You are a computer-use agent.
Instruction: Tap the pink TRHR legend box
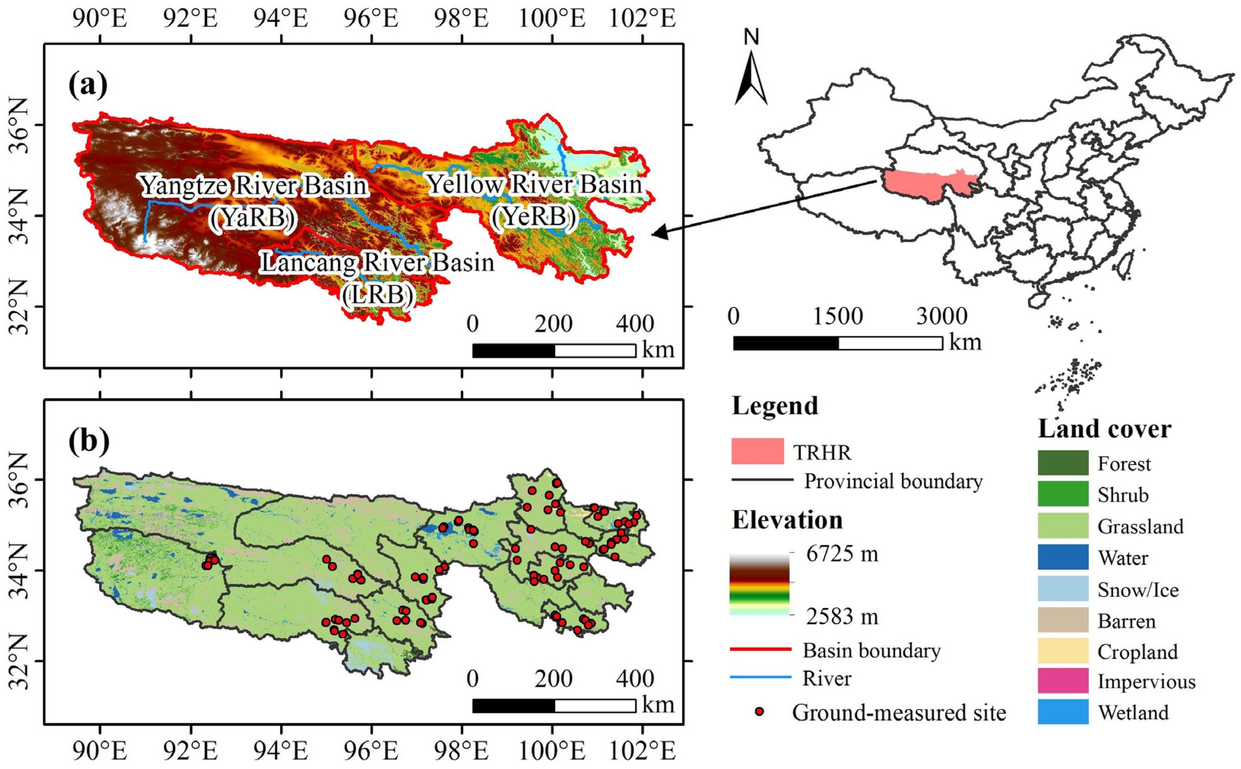[x=758, y=451]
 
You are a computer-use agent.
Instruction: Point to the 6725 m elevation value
[x=842, y=554]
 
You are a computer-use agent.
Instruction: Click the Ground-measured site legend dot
[x=760, y=712]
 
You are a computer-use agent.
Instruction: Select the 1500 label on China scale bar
[x=838, y=316]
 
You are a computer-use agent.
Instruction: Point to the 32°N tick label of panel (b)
[x=19, y=661]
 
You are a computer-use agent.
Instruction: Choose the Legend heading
[x=775, y=406]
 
